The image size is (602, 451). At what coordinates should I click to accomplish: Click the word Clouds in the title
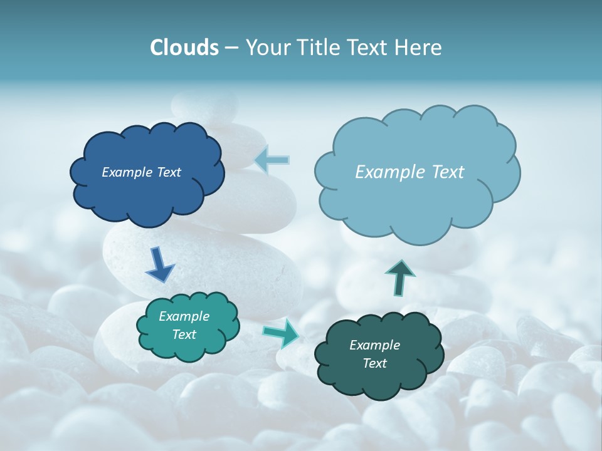point(184,48)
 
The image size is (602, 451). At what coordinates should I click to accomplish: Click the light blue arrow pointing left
point(272,160)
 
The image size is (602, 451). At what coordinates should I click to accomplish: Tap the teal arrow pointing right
point(282,333)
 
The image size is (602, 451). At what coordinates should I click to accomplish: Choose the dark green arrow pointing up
point(399,277)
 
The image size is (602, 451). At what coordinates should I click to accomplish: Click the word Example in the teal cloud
point(184,316)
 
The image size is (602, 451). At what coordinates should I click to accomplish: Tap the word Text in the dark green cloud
point(374,363)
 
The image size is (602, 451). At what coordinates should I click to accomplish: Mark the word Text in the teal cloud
point(184,334)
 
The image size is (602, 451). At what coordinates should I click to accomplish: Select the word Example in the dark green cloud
point(374,345)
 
